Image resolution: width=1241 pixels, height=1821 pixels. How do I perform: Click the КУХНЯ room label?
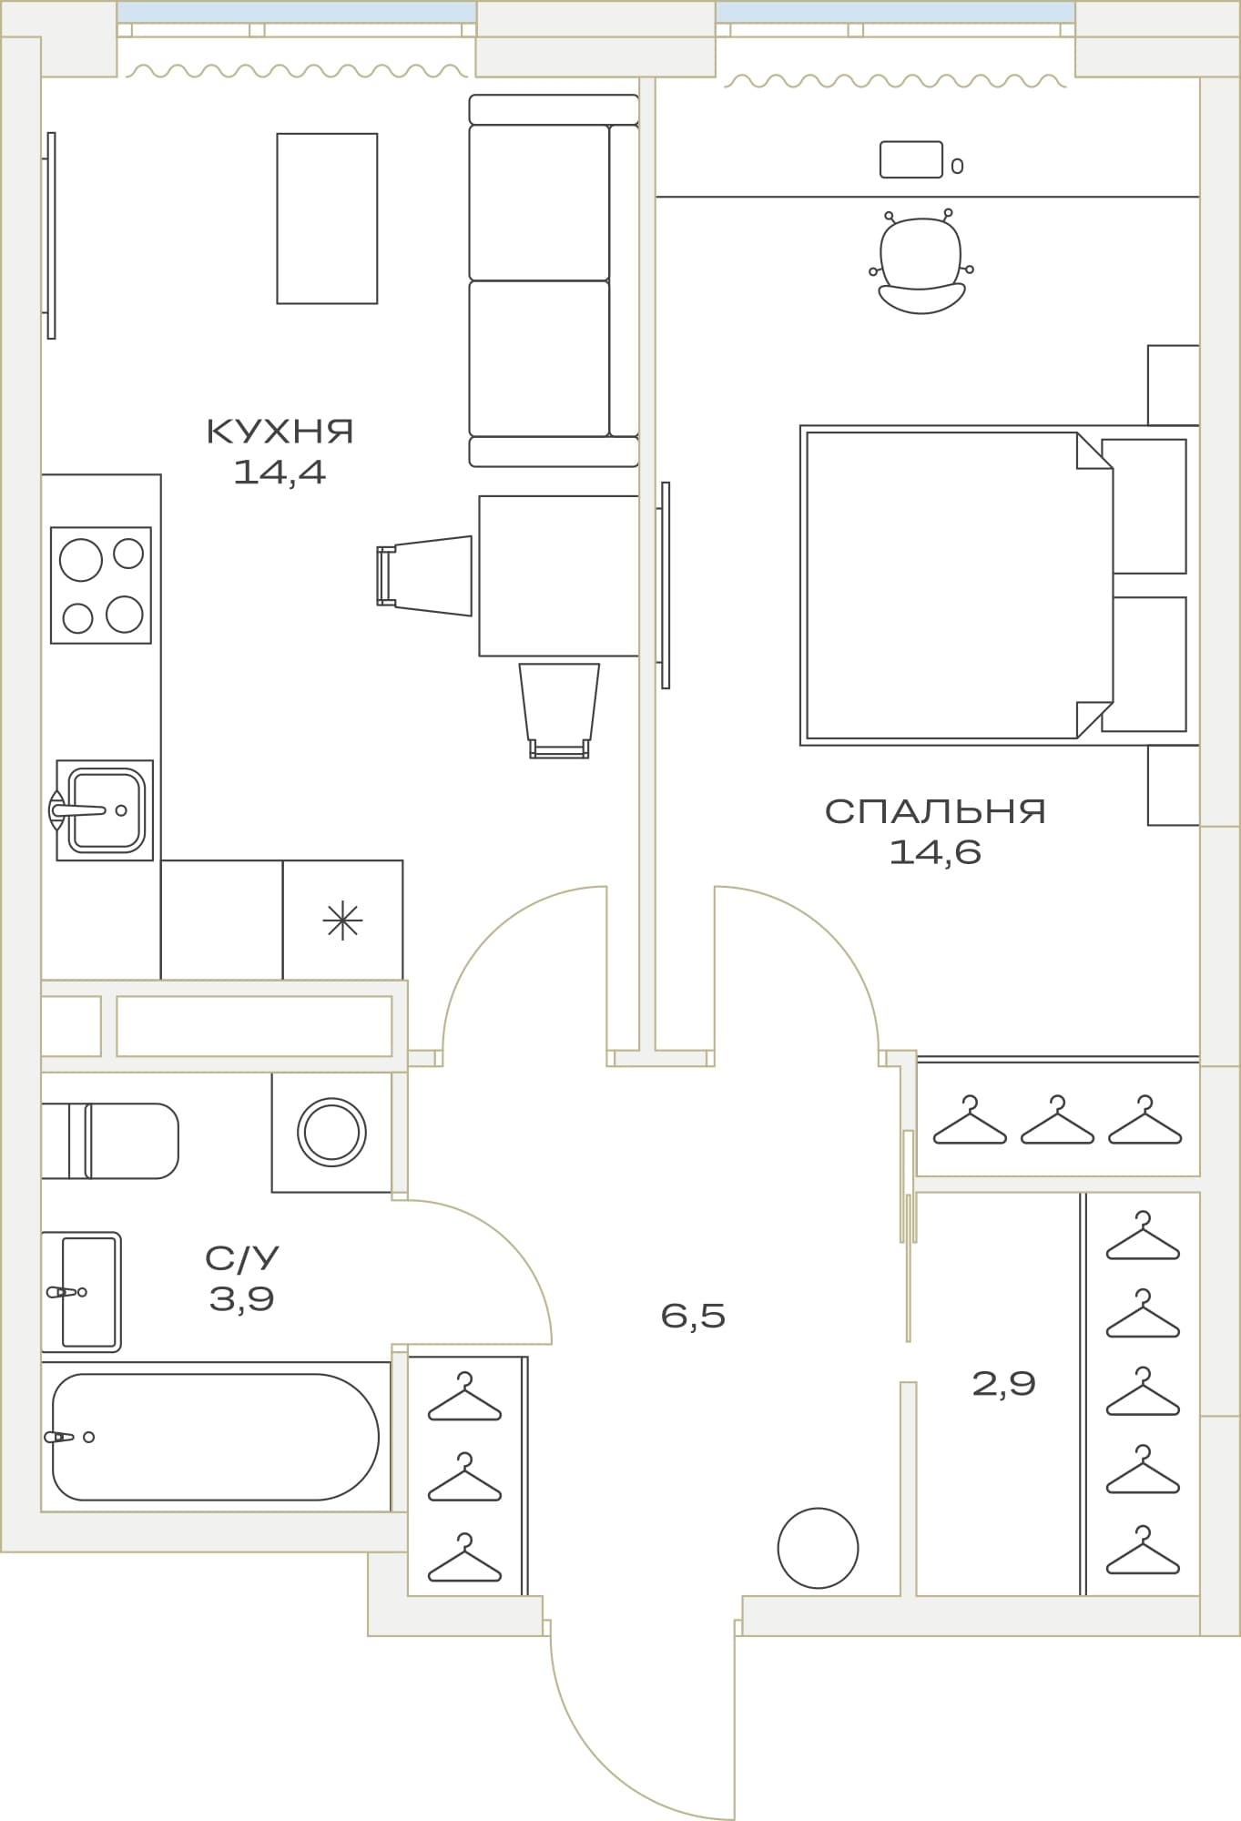point(280,431)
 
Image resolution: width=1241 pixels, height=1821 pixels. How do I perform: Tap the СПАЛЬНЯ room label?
point(935,811)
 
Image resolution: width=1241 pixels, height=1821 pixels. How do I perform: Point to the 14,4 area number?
point(280,472)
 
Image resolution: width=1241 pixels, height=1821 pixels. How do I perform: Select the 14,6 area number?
point(935,852)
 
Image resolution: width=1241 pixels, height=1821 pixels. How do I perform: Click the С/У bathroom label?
point(241,1258)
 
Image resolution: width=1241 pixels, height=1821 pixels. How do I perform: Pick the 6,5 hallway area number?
point(693,1316)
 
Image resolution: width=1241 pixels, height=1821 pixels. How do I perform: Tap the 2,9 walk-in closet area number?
point(1003,1384)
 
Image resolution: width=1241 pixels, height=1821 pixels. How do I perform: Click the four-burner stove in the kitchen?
point(101,585)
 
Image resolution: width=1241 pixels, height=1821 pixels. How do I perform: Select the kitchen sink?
point(104,810)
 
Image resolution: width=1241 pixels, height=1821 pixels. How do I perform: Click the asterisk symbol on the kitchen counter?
point(342,921)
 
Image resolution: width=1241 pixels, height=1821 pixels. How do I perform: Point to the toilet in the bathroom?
point(110,1141)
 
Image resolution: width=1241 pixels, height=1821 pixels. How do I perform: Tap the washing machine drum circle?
point(331,1133)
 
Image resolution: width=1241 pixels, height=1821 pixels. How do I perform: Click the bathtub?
point(215,1437)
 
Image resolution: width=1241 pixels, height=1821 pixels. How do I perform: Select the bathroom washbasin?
point(81,1292)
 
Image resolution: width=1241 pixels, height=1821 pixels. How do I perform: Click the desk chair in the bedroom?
point(921,262)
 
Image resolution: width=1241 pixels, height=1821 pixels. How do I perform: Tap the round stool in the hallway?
point(818,1548)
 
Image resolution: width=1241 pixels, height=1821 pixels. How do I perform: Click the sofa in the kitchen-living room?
point(554,280)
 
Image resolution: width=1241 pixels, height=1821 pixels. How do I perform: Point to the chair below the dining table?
point(559,711)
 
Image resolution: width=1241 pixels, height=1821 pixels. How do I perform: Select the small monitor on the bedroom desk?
point(910,159)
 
